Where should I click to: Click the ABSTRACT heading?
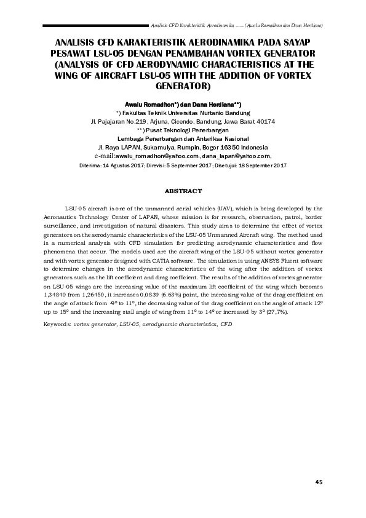click(x=183, y=191)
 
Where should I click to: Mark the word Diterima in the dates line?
click(x=92, y=166)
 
